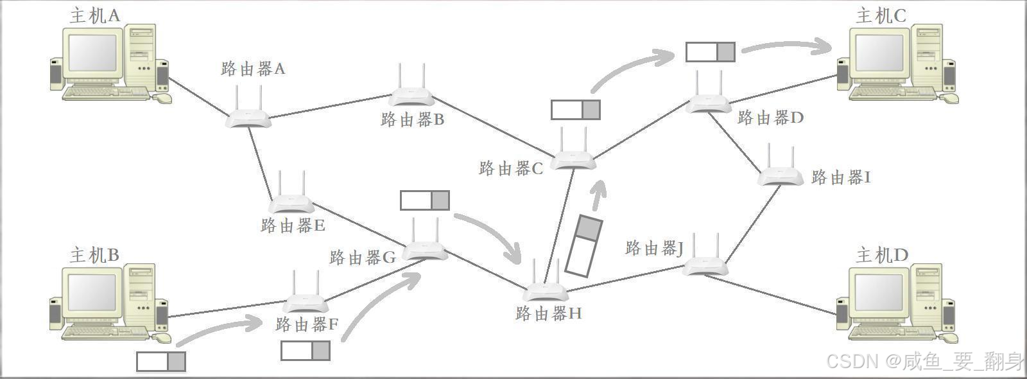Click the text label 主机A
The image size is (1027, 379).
[95, 15]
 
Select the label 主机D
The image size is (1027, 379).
[882, 255]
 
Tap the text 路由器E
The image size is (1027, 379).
[293, 225]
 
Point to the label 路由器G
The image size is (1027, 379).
[362, 258]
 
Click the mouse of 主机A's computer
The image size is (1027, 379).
[162, 98]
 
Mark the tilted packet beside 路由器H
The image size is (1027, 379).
[584, 246]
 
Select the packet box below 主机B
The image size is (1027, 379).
[161, 362]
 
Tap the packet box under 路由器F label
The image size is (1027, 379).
[306, 351]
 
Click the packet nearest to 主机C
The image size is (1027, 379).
[710, 52]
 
